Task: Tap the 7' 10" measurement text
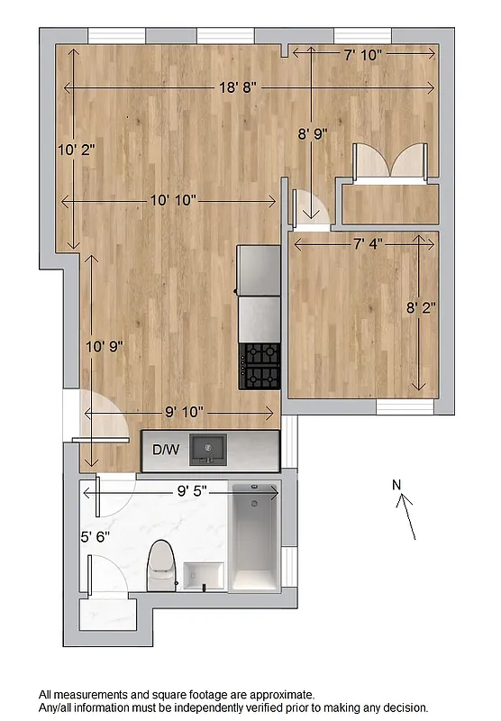click(364, 55)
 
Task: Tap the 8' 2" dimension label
click(421, 307)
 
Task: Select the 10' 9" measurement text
click(104, 345)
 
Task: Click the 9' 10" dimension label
click(184, 412)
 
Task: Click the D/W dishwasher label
click(166, 450)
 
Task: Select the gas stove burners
click(260, 366)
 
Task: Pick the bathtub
click(255, 539)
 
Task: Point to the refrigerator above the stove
click(260, 270)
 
